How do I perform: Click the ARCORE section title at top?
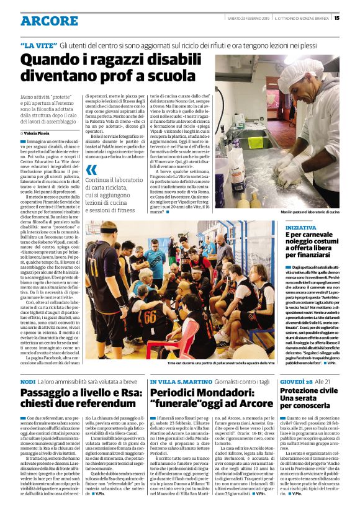point(49,20)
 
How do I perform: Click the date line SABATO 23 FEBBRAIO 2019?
point(246,17)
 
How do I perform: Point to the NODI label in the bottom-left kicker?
point(28,382)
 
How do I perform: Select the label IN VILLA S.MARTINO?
point(179,382)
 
